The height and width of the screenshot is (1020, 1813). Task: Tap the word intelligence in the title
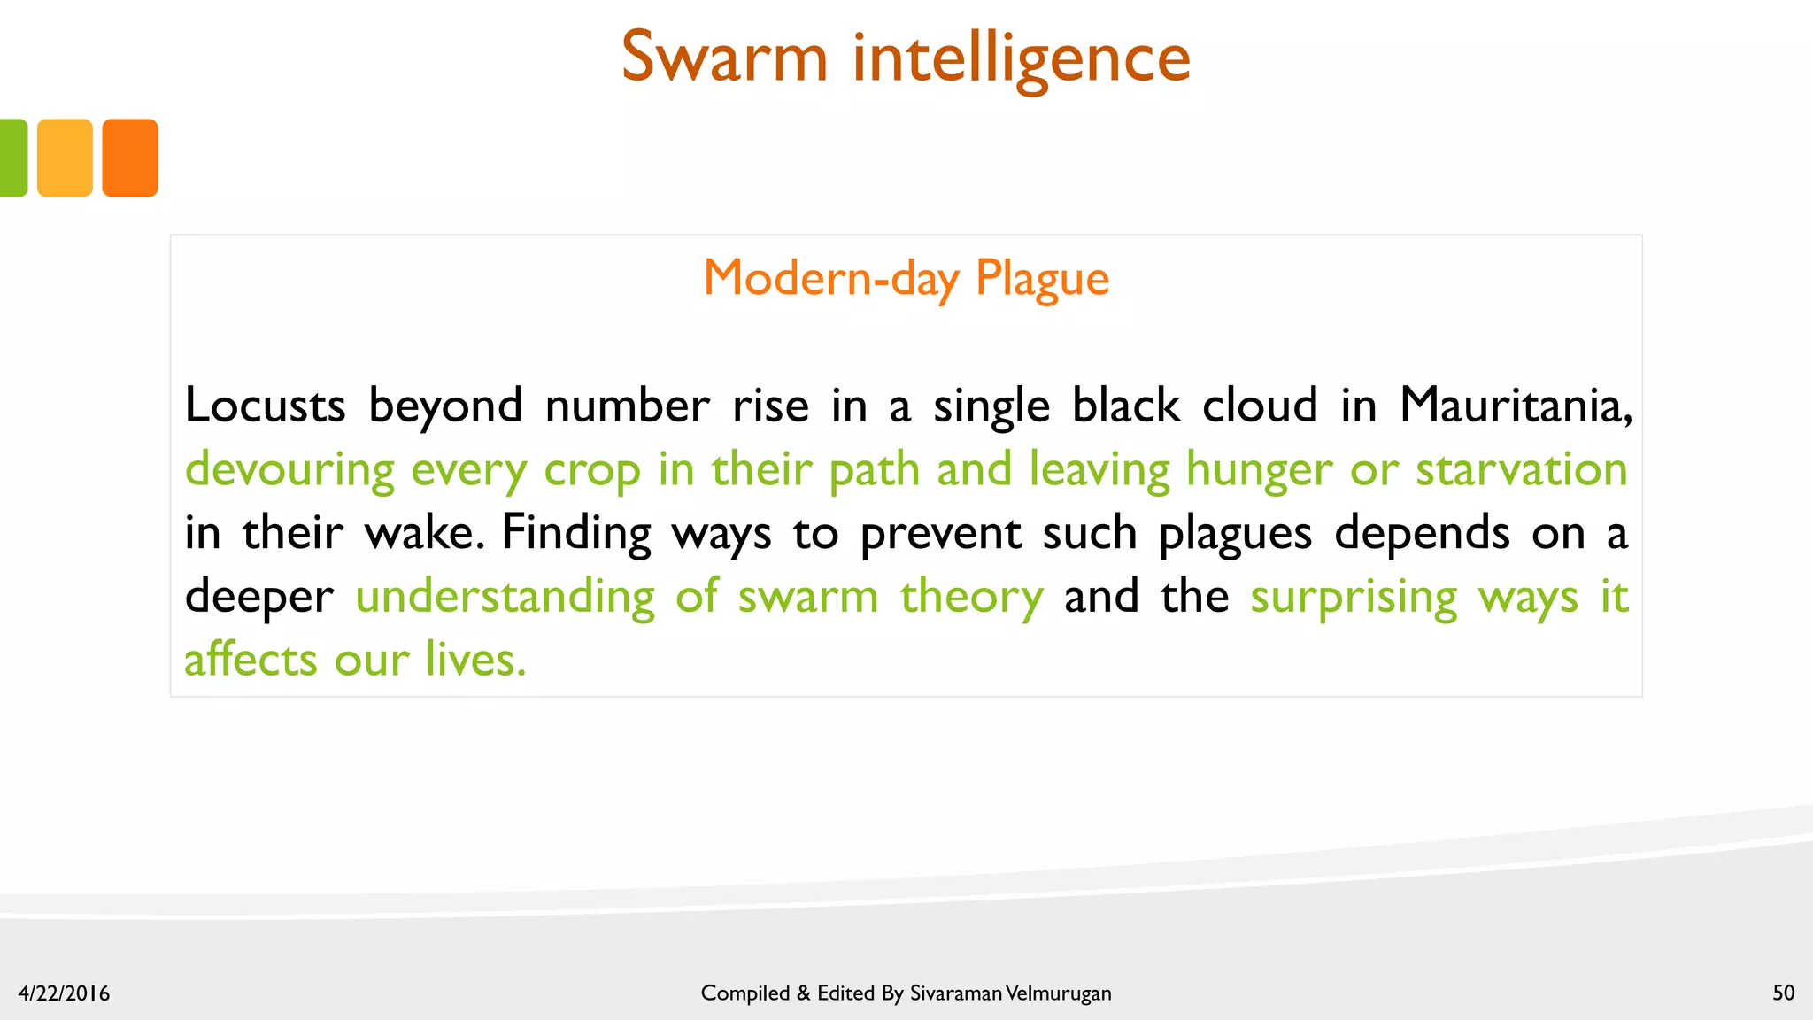pos(1022,58)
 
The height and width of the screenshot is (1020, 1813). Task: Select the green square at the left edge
pos(12,158)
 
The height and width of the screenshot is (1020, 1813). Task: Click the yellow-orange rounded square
pos(65,158)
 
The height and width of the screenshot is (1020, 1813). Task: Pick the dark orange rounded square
pos(130,158)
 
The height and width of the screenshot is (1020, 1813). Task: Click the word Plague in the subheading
pos(1042,279)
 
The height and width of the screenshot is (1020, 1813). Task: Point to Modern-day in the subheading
pos(830,279)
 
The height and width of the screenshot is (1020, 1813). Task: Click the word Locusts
pos(265,406)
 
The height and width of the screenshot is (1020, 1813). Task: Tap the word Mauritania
pos(1515,406)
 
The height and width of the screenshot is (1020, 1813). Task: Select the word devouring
pos(289,470)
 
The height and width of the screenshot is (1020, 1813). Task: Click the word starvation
pos(1521,470)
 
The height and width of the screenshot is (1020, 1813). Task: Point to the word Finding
pos(576,534)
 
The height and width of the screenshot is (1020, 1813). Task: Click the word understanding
pos(505,598)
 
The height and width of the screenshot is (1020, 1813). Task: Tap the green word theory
pos(971,598)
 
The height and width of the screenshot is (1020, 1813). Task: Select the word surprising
pos(1354,598)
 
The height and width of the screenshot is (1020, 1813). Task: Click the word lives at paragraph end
pos(475,661)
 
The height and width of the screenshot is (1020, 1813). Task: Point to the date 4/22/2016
pos(64,993)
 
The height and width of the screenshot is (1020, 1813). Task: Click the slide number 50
pos(1783,993)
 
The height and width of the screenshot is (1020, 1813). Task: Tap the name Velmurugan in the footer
pos(1059,993)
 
